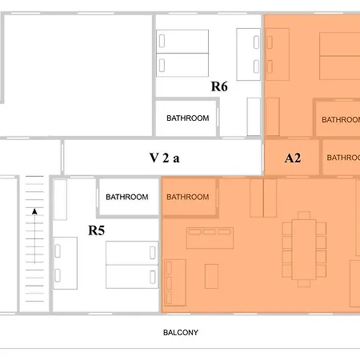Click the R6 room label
click(219, 86)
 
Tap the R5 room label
click(96, 230)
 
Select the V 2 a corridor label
click(164, 158)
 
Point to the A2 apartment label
click(293, 158)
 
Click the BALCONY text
click(181, 333)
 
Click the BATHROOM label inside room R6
click(188, 118)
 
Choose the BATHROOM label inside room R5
click(127, 197)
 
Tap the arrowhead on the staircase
click(34, 212)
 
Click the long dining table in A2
click(304, 250)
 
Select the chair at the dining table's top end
click(304, 215)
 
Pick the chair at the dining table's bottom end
click(304, 283)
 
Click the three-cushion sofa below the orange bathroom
click(210, 238)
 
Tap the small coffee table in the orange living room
click(211, 276)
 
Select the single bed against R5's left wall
click(66, 263)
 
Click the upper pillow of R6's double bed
click(162, 41)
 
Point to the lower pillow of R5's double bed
click(153, 277)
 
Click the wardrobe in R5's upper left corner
click(60, 200)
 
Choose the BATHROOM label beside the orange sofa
click(188, 197)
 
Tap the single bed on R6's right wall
click(249, 54)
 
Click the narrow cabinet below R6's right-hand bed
click(254, 117)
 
